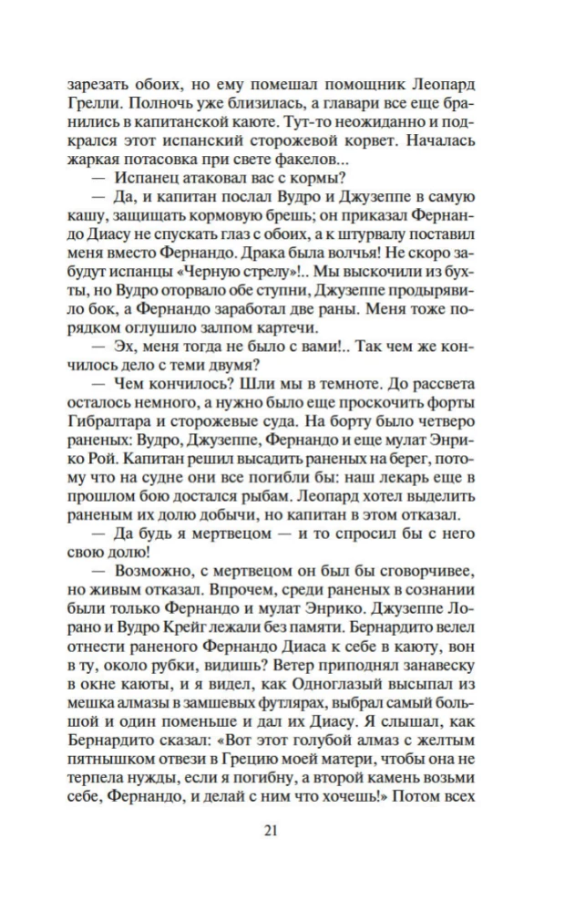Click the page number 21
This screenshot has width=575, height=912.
pos(288,830)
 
